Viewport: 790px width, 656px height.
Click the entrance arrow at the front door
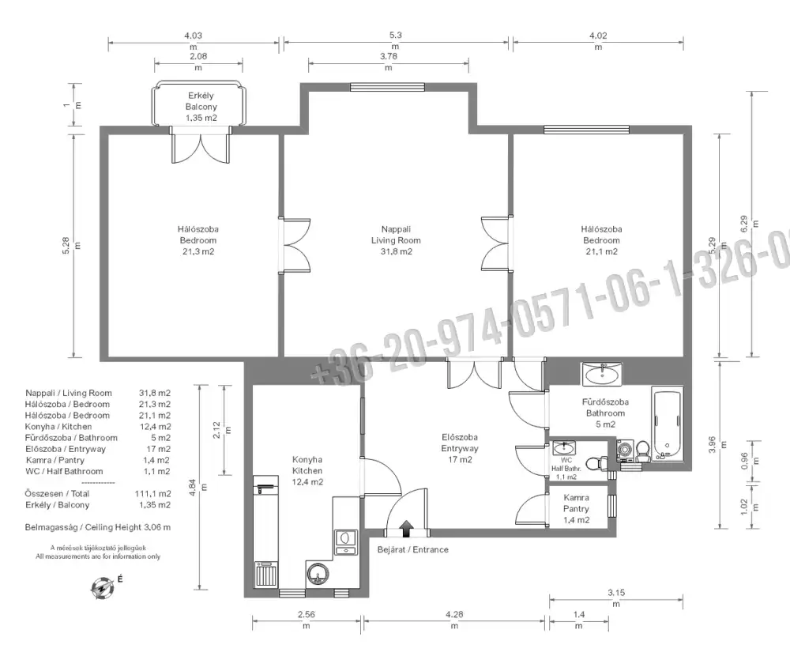tap(407, 529)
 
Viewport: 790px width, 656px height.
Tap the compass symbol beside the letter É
tap(103, 588)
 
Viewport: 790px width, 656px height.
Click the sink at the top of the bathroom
tap(602, 374)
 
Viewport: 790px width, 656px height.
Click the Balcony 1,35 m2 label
tap(201, 107)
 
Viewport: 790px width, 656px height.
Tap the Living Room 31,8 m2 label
tap(396, 240)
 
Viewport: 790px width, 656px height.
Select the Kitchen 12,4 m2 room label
tap(307, 470)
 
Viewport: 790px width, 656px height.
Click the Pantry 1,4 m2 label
tap(577, 509)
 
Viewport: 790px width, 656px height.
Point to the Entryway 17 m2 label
tap(460, 448)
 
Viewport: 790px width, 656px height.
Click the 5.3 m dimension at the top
tap(396, 40)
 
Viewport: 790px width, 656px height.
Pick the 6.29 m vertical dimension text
tap(749, 224)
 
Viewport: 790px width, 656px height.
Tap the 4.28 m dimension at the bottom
tap(454, 620)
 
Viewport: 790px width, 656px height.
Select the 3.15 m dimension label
tap(616, 598)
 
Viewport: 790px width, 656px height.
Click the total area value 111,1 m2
tap(152, 494)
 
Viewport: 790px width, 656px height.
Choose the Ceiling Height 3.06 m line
tap(98, 527)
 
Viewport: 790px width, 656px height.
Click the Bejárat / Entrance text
tap(412, 549)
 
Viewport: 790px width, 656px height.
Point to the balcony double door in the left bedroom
tap(201, 145)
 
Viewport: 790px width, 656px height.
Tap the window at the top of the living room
tap(388, 87)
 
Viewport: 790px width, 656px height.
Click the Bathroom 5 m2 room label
tap(605, 413)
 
